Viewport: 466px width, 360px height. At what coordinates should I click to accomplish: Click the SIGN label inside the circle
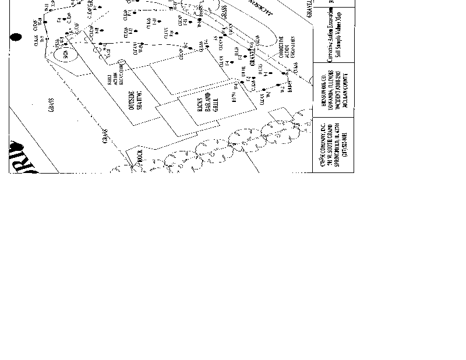[x=65, y=55]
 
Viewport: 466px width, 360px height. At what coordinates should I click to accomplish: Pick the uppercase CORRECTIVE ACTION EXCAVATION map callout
[x=287, y=50]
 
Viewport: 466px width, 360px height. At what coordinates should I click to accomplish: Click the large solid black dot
[x=16, y=37]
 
